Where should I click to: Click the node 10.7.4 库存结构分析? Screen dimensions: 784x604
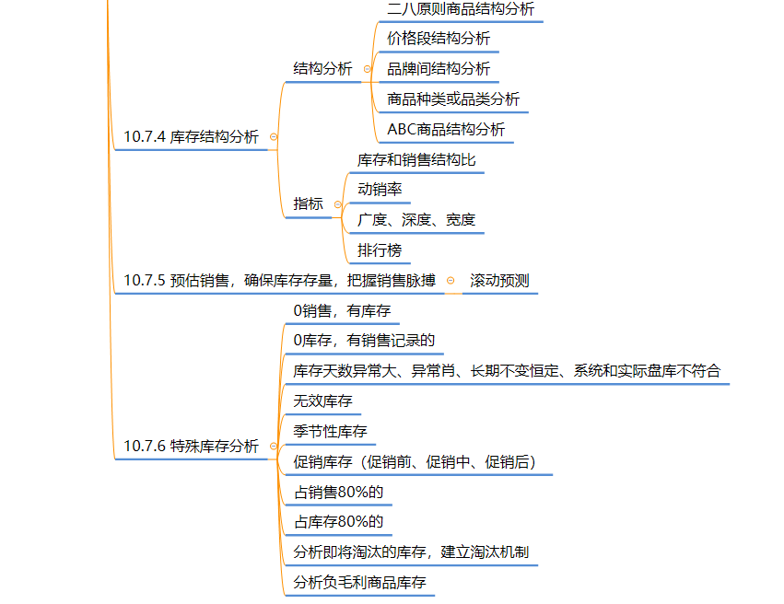tap(191, 137)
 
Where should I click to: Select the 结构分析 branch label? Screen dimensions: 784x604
tap(322, 68)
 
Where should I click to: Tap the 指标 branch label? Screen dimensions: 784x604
tap(308, 203)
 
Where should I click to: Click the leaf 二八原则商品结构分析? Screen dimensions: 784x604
tap(461, 8)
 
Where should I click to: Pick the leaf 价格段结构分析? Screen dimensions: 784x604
tap(439, 39)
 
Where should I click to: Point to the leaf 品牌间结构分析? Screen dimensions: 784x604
tap(439, 68)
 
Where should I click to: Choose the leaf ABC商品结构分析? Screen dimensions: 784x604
tap(446, 130)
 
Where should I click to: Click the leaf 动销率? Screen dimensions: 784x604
tap(380, 190)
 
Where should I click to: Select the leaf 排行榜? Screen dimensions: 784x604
tap(380, 250)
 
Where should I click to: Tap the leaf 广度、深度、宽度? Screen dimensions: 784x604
tap(416, 220)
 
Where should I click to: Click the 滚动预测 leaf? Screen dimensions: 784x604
tap(499, 281)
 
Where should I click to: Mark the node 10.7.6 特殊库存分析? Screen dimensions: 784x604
tap(191, 447)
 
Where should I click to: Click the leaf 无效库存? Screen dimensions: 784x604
tap(322, 401)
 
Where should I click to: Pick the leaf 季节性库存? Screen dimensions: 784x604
tap(330, 432)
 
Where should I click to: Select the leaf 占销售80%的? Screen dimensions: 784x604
tap(338, 493)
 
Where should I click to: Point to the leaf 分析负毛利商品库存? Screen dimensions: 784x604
tap(359, 583)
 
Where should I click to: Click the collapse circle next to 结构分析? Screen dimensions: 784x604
tap(368, 69)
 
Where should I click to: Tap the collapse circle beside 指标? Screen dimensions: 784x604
tap(338, 204)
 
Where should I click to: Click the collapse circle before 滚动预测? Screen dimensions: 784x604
tap(451, 281)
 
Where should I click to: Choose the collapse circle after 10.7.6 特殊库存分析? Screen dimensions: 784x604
tap(274, 447)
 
